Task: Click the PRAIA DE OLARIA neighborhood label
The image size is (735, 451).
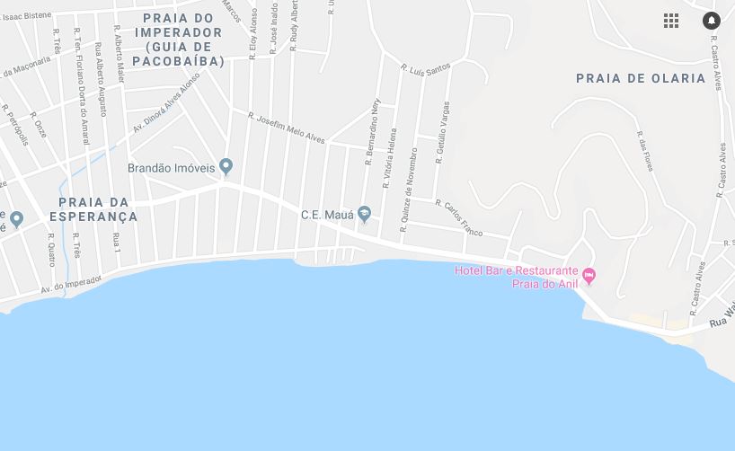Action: [641, 78]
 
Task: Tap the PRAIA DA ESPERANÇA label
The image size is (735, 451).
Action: [93, 209]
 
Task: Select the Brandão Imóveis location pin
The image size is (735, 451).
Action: [226, 166]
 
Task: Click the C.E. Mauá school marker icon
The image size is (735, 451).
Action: [364, 214]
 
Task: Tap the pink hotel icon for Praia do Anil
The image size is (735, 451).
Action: [589, 275]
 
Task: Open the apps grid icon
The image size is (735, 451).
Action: [671, 21]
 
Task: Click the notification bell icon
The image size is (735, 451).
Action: [711, 21]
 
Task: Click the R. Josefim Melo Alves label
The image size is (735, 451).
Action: [286, 128]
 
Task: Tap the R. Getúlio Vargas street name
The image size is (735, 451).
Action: [442, 132]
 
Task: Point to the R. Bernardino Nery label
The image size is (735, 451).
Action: [371, 132]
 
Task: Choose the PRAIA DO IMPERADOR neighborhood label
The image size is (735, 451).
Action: [178, 40]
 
